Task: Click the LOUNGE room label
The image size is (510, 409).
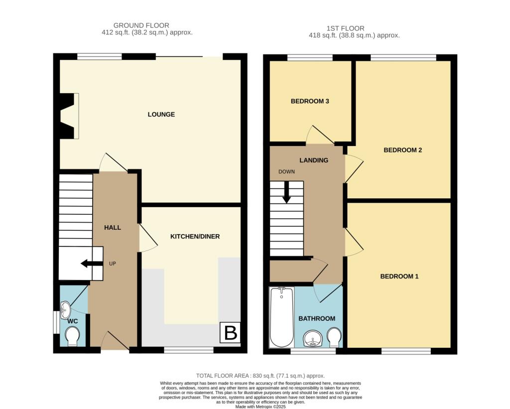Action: pos(161,115)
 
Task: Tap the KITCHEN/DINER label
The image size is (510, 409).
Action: pos(195,236)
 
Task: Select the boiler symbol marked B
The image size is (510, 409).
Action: pos(231,333)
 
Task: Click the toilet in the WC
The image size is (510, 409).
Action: pos(72,336)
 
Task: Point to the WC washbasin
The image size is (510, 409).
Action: pos(65,310)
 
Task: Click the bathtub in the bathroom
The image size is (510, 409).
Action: pos(281,317)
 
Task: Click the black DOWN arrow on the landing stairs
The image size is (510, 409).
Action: pos(286,192)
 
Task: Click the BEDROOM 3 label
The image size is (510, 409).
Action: pos(310,101)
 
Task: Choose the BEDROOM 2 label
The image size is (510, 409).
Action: pos(402,150)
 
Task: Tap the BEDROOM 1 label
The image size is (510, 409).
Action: pos(399,276)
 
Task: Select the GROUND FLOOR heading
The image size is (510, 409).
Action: pos(141,25)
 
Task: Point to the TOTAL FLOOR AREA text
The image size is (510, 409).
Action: pos(260,376)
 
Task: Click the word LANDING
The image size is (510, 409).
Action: pos(313,160)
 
